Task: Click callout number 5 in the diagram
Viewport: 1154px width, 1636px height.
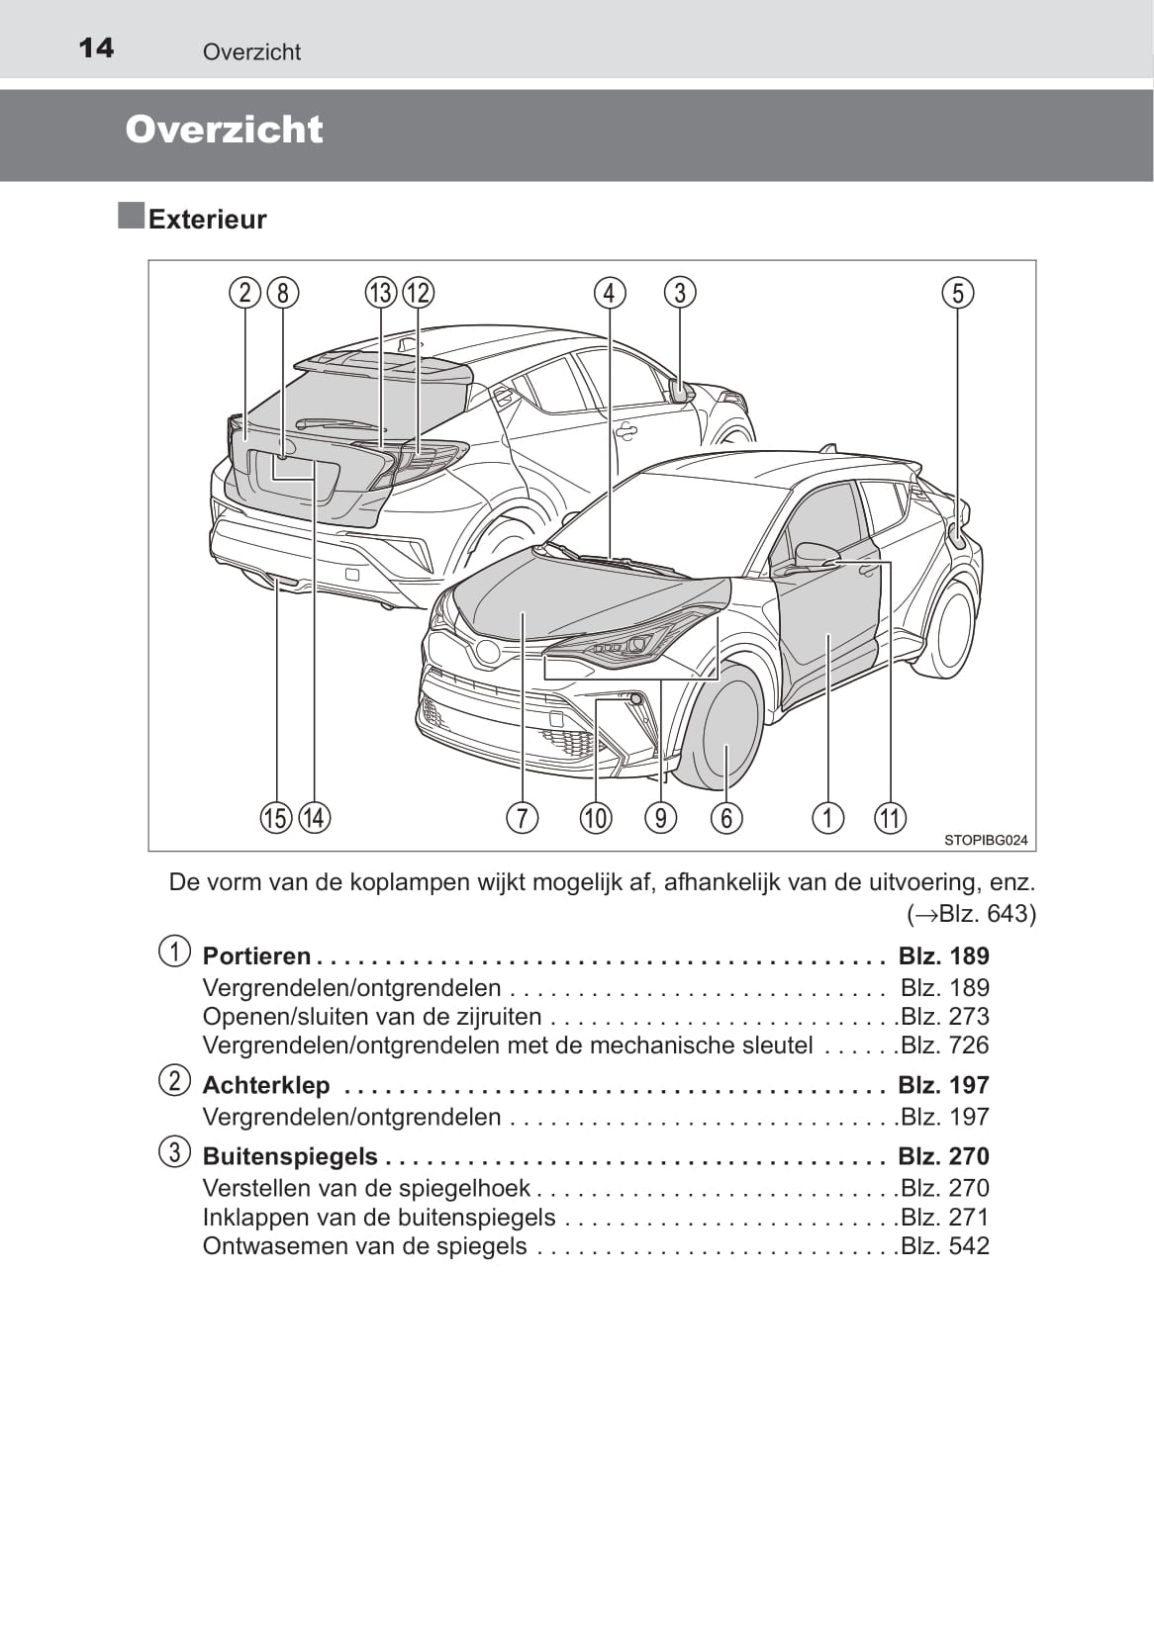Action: click(957, 293)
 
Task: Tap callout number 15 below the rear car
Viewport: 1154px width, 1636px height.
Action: click(276, 818)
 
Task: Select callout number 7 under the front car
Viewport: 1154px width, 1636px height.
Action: click(522, 818)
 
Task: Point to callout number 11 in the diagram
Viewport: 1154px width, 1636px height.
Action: click(890, 818)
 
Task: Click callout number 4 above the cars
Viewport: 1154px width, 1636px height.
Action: click(610, 293)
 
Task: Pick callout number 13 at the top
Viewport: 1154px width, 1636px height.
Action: click(381, 293)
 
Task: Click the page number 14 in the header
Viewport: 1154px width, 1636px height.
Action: click(96, 47)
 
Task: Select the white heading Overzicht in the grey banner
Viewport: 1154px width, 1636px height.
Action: click(225, 130)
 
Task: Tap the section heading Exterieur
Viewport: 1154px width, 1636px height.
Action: click(207, 219)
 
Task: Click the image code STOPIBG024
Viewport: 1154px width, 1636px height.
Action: click(986, 840)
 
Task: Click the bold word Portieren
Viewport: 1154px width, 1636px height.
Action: click(256, 955)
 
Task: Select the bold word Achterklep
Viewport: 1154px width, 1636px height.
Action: click(266, 1085)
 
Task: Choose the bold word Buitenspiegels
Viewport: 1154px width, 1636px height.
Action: click(290, 1156)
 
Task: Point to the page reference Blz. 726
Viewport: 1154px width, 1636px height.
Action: click(945, 1045)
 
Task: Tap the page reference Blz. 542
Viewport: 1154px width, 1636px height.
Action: click(945, 1246)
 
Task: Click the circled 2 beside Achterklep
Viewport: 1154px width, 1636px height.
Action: click(174, 1080)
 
